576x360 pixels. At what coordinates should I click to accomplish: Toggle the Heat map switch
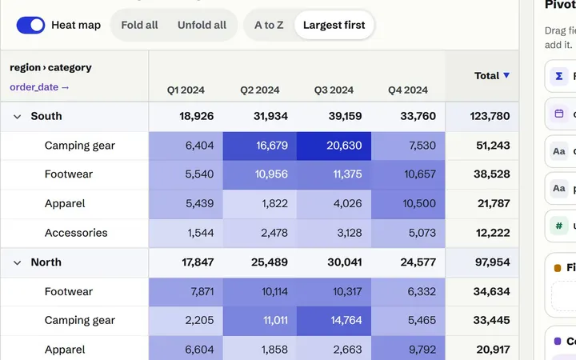pos(30,25)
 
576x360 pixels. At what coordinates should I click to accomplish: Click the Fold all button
pos(139,25)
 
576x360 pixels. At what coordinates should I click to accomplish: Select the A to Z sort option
pos(269,25)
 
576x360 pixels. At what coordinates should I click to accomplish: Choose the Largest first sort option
pos(334,25)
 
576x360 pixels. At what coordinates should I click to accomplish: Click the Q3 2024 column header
pos(334,90)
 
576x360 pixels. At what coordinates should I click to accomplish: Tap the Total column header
pos(491,76)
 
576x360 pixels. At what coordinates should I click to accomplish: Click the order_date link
pos(39,87)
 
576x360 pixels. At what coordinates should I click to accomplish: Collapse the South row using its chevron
pos(17,117)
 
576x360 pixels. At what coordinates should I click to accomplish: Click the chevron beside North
pos(17,263)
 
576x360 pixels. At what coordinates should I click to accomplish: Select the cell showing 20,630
pos(334,146)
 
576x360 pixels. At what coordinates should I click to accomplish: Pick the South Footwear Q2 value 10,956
pos(260,174)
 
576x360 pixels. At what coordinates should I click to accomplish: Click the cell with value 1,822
pos(260,204)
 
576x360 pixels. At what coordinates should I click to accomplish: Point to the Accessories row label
pos(76,233)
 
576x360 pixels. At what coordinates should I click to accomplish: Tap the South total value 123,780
pos(490,116)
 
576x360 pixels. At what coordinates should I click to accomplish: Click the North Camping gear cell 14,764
pos(334,321)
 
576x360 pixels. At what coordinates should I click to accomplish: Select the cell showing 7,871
pos(186,292)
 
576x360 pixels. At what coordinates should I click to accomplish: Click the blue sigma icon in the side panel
pos(559,76)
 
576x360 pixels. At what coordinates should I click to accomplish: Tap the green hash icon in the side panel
pos(559,226)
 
